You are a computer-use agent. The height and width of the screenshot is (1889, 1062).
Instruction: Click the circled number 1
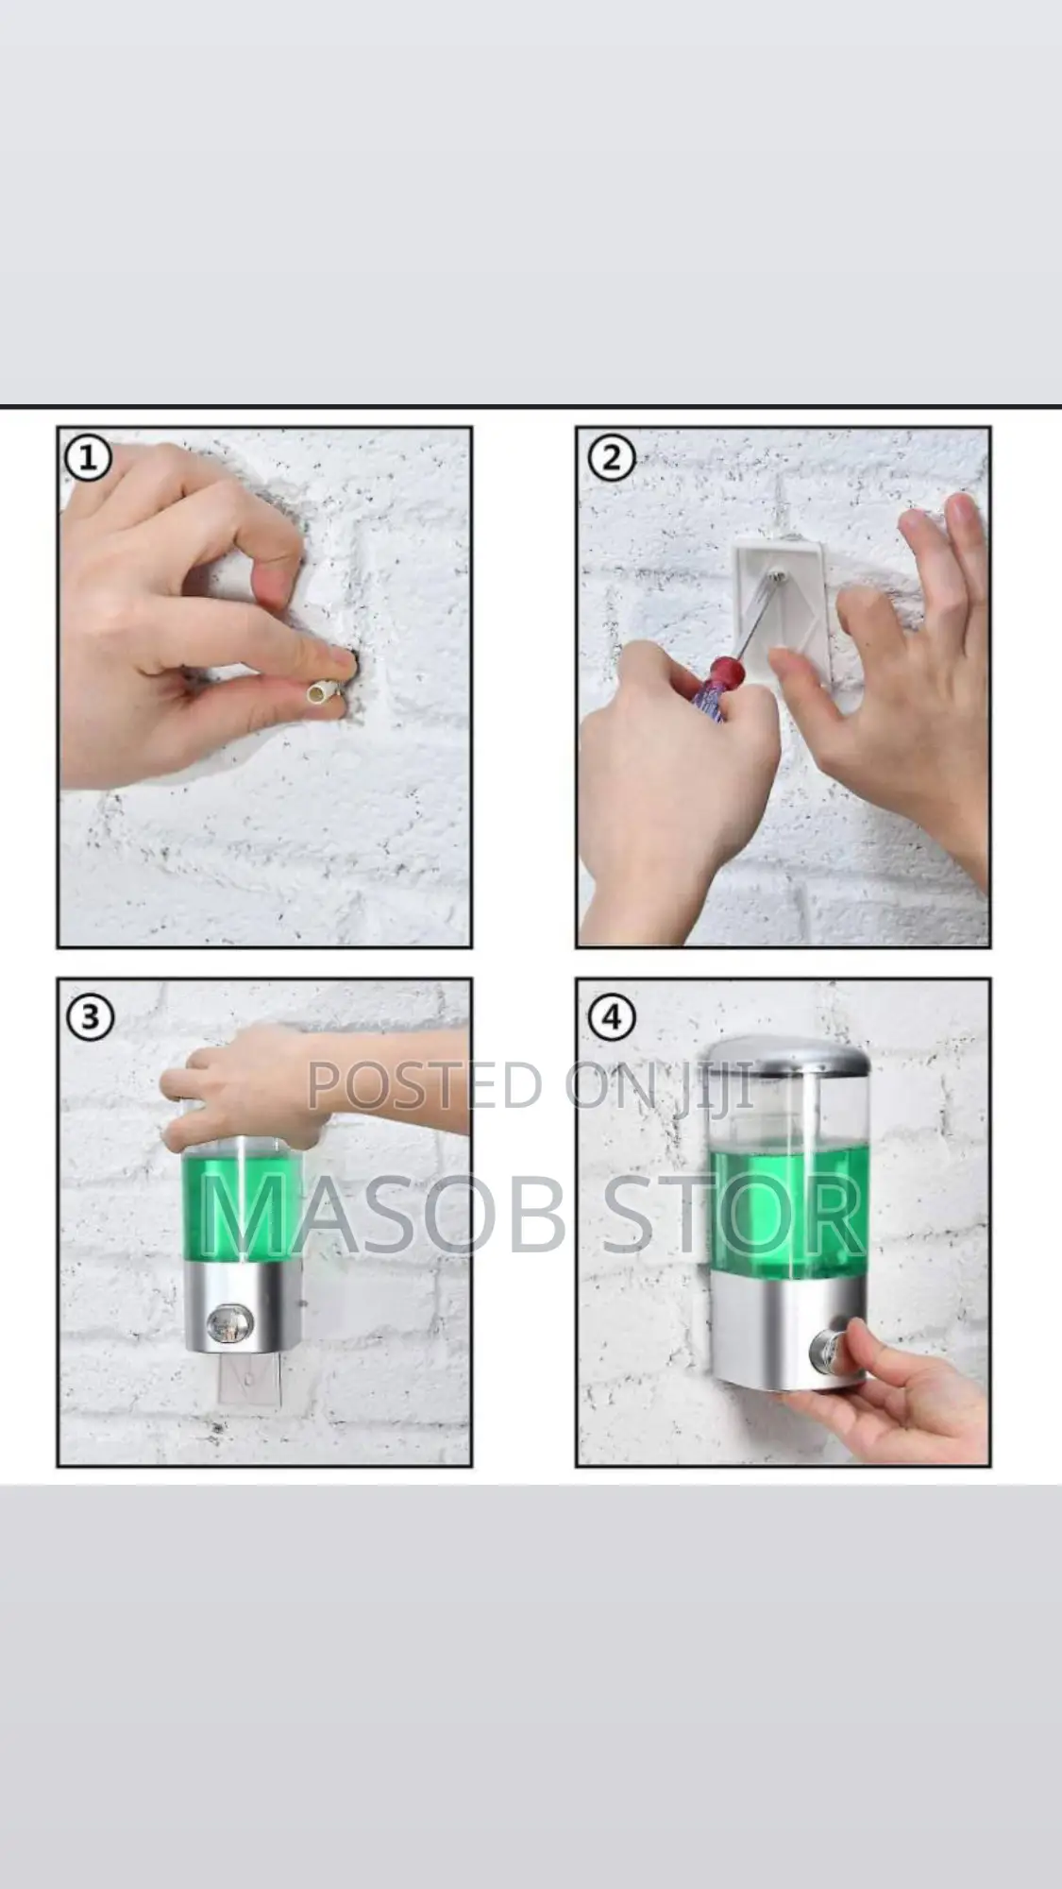[x=88, y=459]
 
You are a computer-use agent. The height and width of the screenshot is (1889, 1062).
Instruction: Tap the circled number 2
[x=612, y=459]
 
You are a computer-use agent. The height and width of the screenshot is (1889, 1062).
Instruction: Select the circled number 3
[x=90, y=1018]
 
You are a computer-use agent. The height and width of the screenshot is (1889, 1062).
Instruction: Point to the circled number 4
[x=612, y=1018]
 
